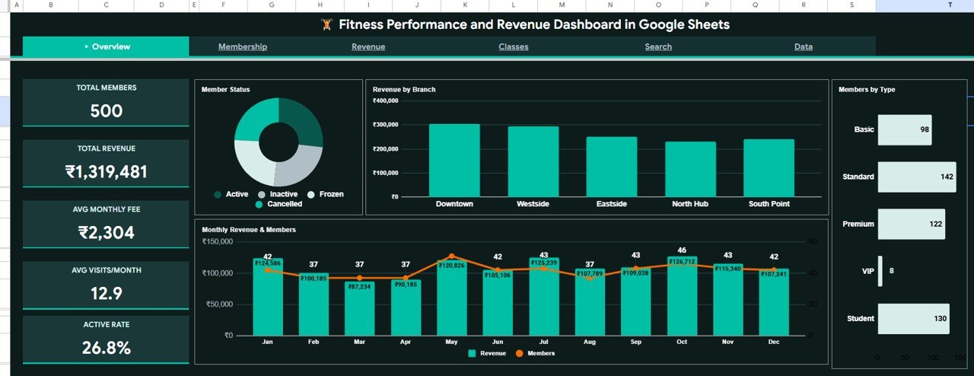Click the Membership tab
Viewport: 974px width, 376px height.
(x=243, y=46)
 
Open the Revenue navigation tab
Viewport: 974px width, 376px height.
(x=368, y=46)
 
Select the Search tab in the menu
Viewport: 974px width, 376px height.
(x=658, y=46)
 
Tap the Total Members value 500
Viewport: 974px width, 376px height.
(x=106, y=111)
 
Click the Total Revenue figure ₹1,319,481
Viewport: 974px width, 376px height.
(x=106, y=172)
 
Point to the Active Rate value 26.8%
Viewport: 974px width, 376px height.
(x=106, y=348)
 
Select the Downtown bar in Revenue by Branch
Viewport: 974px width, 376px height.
(x=454, y=161)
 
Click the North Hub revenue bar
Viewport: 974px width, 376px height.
(x=690, y=169)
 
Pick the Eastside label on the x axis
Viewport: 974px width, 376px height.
(x=611, y=204)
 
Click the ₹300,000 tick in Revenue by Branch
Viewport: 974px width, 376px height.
(x=385, y=125)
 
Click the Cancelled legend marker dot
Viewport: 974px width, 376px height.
(x=259, y=204)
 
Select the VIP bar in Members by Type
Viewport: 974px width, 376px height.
(x=880, y=271)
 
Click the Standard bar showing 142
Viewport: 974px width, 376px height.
(x=917, y=177)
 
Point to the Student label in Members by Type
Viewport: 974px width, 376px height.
(x=861, y=318)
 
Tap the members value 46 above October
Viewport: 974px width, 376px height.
(x=682, y=250)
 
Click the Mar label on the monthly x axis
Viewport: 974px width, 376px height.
(x=359, y=343)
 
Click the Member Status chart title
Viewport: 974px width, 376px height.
(x=225, y=90)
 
